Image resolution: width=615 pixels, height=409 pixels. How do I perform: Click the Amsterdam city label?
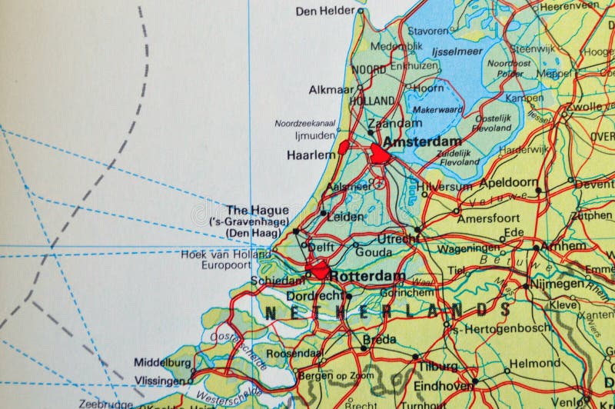tap(422, 142)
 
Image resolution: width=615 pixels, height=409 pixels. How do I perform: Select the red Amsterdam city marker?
tap(380, 154)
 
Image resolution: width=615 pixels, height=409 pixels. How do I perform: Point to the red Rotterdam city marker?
tap(317, 270)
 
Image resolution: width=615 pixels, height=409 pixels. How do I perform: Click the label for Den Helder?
tap(325, 11)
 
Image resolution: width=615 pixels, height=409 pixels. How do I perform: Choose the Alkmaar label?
tap(331, 89)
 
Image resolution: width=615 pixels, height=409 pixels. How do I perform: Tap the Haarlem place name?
tap(311, 155)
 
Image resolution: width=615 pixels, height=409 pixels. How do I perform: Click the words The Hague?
tap(258, 210)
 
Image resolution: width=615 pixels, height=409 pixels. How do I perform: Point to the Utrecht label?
tap(397, 239)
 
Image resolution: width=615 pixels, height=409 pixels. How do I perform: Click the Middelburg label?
tap(162, 361)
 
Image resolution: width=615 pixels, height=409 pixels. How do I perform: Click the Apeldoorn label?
tap(508, 184)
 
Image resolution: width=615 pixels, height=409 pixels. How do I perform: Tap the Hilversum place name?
tap(444, 187)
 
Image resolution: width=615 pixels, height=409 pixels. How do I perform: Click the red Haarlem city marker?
tap(344, 145)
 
